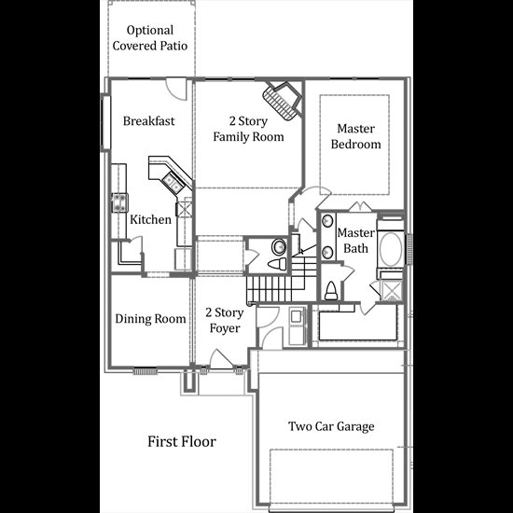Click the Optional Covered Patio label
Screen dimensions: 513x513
[150, 38]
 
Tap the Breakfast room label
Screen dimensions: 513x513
[149, 121]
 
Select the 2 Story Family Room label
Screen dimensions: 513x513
[248, 129]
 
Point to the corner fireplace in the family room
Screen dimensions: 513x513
[282, 101]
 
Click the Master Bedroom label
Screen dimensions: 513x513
[355, 136]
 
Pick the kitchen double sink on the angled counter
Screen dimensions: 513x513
[173, 183]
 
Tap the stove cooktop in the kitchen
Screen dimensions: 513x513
[119, 202]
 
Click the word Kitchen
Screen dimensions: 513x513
[150, 219]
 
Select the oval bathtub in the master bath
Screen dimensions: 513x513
[391, 250]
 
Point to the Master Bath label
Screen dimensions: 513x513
[356, 241]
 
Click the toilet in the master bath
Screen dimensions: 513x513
[331, 291]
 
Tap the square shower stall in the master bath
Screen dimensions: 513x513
[392, 290]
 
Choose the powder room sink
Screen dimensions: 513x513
[279, 246]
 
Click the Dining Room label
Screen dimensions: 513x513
[150, 319]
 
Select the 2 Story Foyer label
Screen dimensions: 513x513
[225, 320]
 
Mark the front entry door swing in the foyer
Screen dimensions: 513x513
[221, 359]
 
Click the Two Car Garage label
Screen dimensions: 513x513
[331, 426]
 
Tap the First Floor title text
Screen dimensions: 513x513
[182, 441]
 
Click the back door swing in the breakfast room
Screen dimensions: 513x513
[176, 89]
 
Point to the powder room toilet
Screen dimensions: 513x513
[277, 264]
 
